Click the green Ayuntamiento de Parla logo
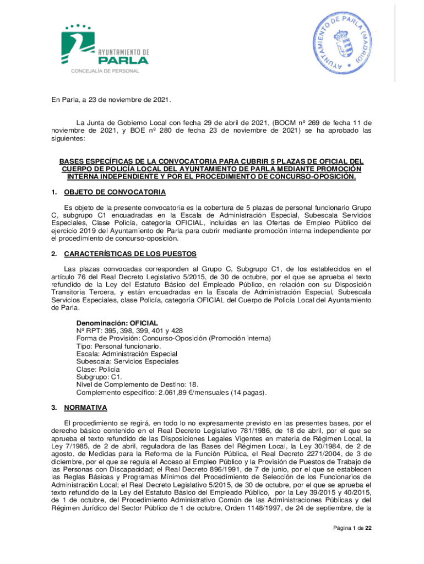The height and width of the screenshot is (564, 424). pos(105,48)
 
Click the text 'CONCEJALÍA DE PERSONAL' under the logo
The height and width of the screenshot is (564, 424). pos(105,71)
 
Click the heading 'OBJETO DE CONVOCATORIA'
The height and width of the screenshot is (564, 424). pos(115,192)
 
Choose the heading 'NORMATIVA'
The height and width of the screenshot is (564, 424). pos(85,408)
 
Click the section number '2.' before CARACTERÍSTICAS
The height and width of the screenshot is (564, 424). pos(54,254)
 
